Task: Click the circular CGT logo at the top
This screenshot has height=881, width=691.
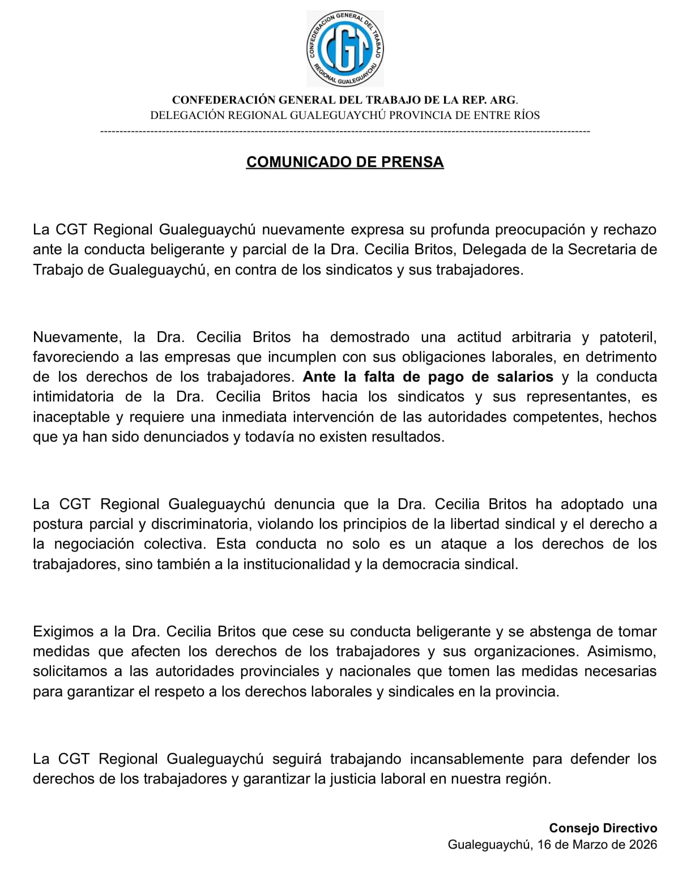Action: click(344, 49)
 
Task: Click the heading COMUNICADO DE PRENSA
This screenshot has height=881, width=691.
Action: click(344, 162)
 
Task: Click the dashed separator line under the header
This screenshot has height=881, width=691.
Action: click(344, 132)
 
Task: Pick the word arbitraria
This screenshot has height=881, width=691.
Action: click(541, 337)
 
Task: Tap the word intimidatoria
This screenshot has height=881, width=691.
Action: click(73, 397)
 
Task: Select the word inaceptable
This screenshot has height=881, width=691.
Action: click(70, 417)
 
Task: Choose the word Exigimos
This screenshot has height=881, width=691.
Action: click(63, 631)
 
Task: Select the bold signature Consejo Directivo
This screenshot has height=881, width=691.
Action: click(603, 828)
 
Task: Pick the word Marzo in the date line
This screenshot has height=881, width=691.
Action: click(592, 845)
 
